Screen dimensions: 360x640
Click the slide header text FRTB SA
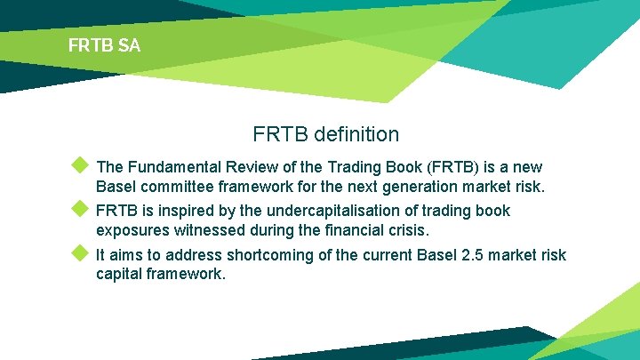click(104, 45)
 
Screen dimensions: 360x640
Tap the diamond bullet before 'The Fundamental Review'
click(80, 164)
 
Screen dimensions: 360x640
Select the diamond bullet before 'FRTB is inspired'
click(80, 209)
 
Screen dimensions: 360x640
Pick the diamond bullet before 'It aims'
click(80, 252)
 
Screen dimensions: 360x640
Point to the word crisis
click(407, 230)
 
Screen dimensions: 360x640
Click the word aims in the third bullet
click(127, 255)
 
